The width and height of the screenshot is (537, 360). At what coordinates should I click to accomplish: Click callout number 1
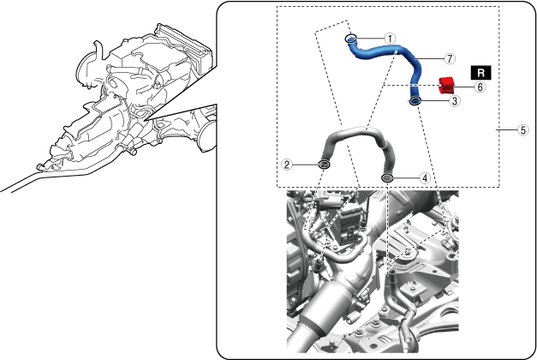pyautogui.click(x=390, y=39)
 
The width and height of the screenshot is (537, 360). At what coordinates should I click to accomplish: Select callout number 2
pyautogui.click(x=287, y=165)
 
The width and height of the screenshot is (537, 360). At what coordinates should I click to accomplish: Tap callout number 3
pyautogui.click(x=455, y=101)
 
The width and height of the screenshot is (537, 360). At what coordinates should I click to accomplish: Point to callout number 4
pyautogui.click(x=425, y=178)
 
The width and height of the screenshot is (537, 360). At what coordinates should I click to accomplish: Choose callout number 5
pyautogui.click(x=523, y=130)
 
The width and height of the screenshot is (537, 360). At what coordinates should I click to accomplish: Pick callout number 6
pyautogui.click(x=480, y=87)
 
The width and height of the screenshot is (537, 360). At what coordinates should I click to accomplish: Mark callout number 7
pyautogui.click(x=450, y=58)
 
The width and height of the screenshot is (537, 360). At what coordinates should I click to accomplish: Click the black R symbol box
pyautogui.click(x=480, y=73)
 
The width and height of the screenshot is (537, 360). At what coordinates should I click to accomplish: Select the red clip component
pyautogui.click(x=446, y=86)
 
